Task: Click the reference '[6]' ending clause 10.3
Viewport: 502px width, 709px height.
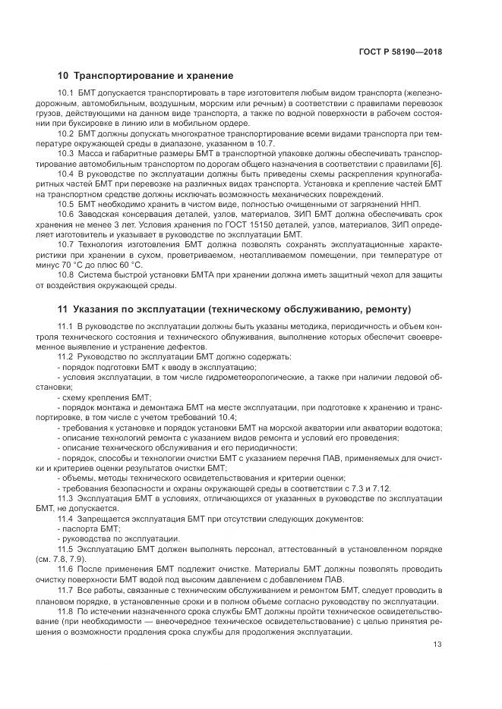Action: [x=436, y=164]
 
